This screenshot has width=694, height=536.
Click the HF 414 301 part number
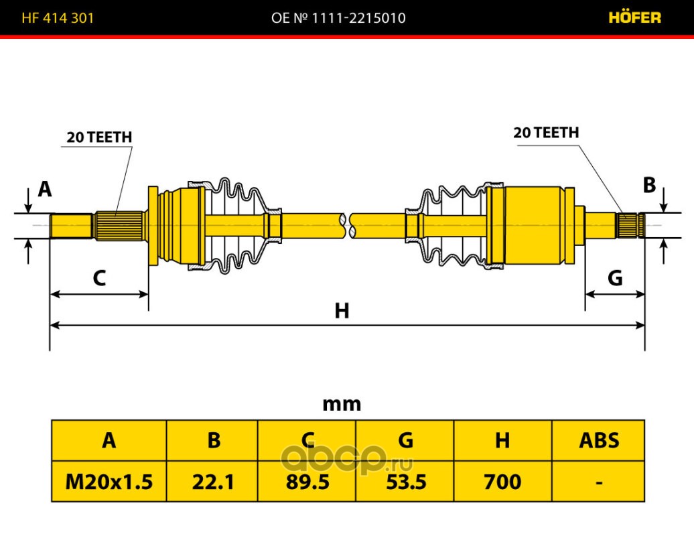(x=58, y=17)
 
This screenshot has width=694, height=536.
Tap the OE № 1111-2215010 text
(x=338, y=17)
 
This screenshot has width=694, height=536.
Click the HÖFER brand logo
(x=634, y=17)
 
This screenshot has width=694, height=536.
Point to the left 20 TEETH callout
(x=99, y=137)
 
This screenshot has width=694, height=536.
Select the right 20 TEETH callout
(x=546, y=133)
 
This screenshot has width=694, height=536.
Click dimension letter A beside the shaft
(x=45, y=189)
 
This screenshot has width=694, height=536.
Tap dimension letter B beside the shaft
(x=649, y=185)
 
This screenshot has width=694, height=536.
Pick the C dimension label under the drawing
(x=99, y=278)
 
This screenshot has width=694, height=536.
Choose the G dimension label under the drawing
(x=615, y=278)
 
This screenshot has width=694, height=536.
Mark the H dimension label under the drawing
(x=342, y=311)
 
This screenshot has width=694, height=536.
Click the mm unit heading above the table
(x=342, y=404)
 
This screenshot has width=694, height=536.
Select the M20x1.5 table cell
(x=109, y=482)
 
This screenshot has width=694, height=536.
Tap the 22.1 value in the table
(x=213, y=482)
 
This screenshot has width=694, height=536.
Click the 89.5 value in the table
(x=307, y=482)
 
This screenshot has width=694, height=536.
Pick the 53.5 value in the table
(x=406, y=482)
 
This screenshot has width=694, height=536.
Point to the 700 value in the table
(x=502, y=482)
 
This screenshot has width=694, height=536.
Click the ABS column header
(x=599, y=440)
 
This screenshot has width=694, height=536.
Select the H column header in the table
(x=502, y=440)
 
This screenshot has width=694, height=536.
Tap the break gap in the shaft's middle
(x=348, y=225)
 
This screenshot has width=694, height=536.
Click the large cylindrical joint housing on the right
(x=535, y=225)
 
